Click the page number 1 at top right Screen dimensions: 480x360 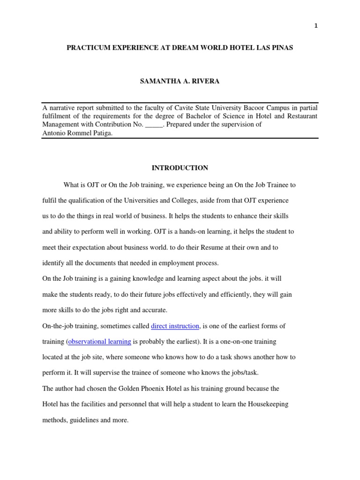coord(316,26)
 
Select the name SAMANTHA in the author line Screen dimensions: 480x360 coord(158,81)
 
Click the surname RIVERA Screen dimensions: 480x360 coord(206,81)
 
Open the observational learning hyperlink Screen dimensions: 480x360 coord(99,341)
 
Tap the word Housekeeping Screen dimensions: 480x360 coord(272,404)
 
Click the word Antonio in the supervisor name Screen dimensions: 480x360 coord(53,133)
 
